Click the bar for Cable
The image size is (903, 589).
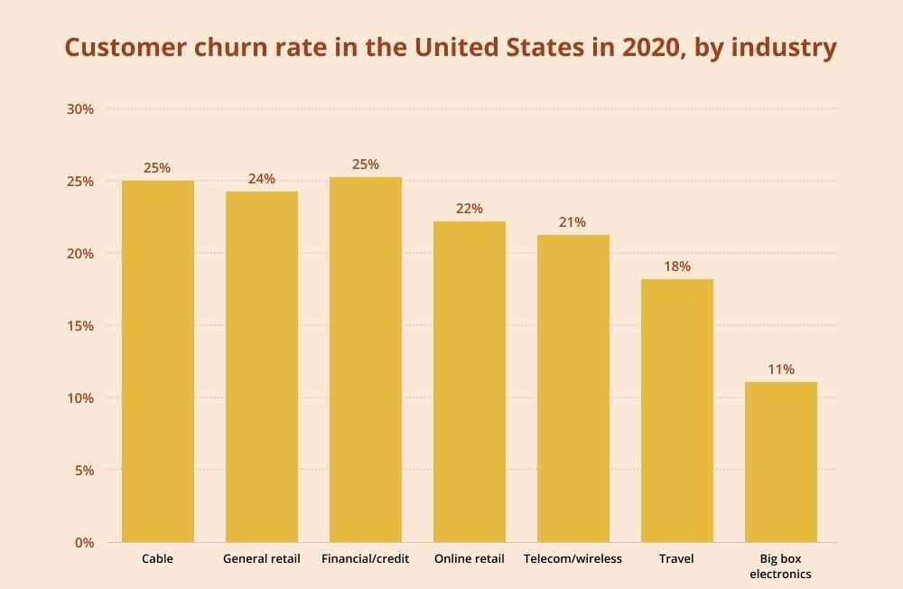[x=157, y=361]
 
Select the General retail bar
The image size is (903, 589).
[x=261, y=367]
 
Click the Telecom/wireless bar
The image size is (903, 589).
[x=573, y=388]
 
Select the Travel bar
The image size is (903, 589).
[x=676, y=410]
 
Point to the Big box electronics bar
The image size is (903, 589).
[x=780, y=462]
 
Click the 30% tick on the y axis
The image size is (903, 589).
[x=80, y=109]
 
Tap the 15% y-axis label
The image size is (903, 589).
[x=80, y=326]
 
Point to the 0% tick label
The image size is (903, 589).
[x=84, y=543]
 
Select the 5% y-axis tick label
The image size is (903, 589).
[x=84, y=471]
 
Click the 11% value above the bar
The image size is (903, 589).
[x=780, y=369]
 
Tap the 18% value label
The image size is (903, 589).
[x=676, y=266]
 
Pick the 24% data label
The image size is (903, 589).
[x=261, y=179]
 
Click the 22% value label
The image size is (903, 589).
[x=469, y=209]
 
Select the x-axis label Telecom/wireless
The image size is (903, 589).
[x=573, y=559]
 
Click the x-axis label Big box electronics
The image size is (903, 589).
[x=780, y=566]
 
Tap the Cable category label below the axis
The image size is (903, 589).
[x=157, y=559]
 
